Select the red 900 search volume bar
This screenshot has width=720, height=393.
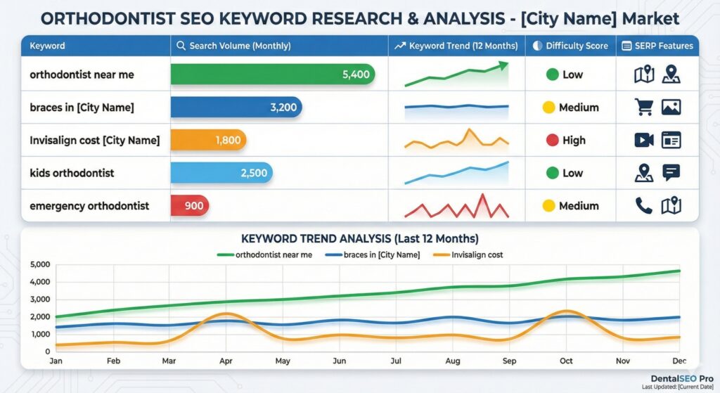190,206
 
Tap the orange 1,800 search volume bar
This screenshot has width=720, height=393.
209,140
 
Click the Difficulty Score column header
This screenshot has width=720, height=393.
570,46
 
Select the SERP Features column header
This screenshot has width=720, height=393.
657,46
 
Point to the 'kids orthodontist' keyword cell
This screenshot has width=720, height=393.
72,173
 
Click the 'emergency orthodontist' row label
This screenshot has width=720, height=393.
89,206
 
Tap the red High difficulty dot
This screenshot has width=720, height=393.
553,140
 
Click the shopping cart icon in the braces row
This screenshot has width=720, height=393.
643,107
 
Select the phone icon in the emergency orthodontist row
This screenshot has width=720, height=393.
643,205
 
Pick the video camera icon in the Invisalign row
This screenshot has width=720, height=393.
643,140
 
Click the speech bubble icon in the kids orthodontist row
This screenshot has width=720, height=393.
671,172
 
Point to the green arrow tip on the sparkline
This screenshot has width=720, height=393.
503,65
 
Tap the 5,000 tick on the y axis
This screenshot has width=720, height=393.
41,265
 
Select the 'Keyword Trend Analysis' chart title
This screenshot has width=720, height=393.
359,239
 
